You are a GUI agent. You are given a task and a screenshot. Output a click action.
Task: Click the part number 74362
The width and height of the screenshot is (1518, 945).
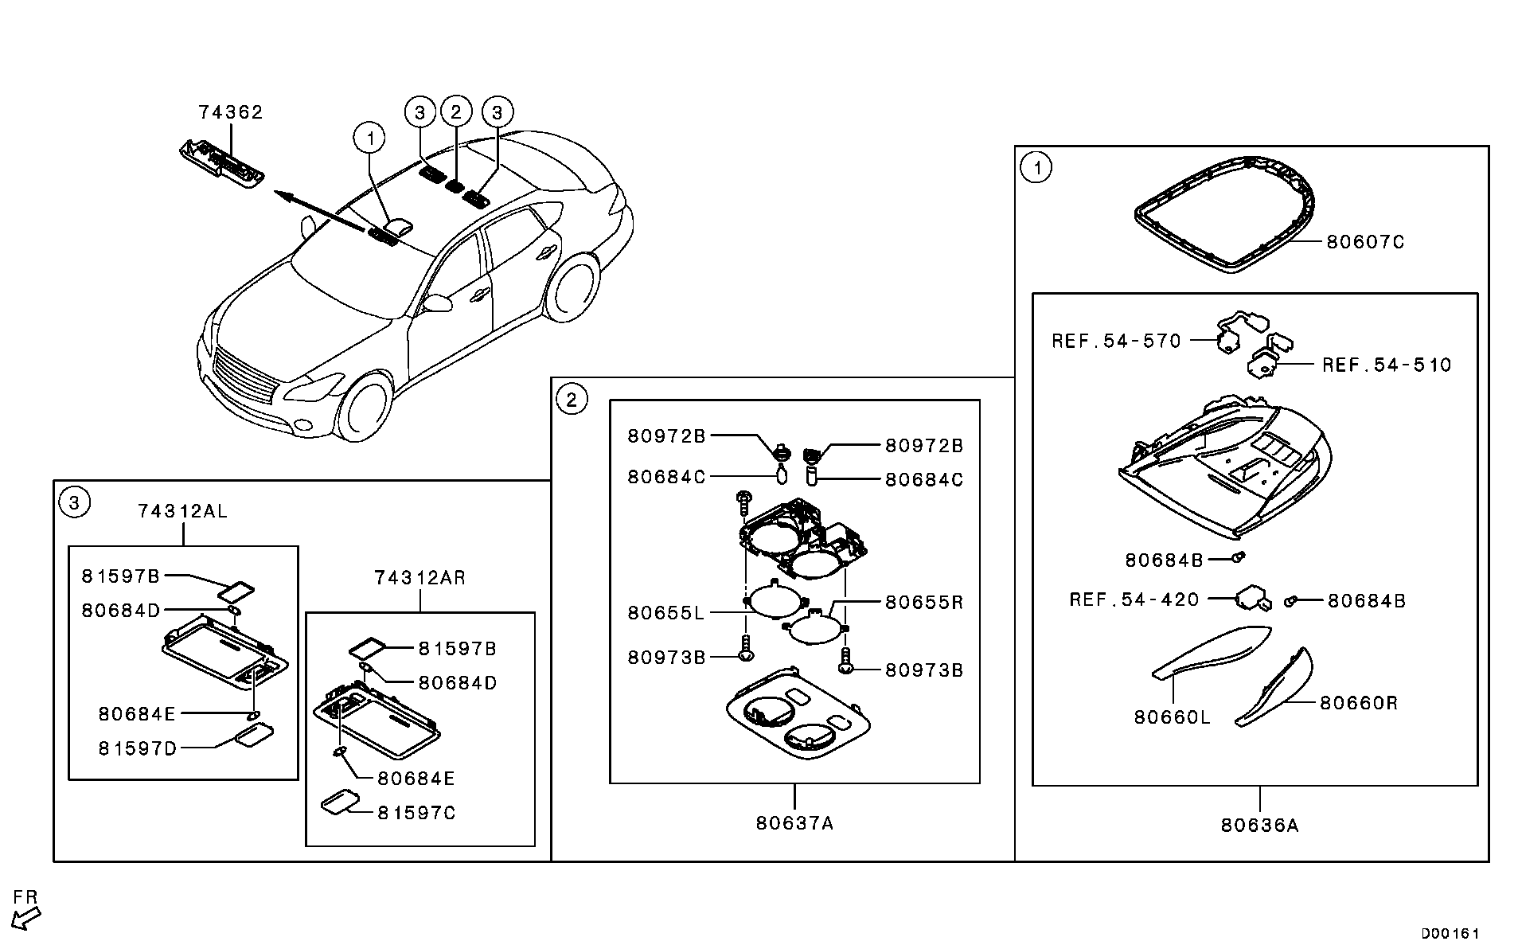point(230,113)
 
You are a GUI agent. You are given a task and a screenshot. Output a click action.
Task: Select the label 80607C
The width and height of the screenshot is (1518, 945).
point(1365,242)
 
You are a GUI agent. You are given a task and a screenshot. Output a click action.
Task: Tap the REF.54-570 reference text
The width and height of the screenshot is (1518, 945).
point(1116,342)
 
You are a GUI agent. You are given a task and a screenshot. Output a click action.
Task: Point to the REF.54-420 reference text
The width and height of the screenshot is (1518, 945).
point(1134,599)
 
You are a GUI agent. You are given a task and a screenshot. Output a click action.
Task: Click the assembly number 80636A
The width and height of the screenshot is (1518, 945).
point(1259,826)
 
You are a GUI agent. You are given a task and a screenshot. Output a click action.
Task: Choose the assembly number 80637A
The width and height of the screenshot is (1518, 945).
point(794,823)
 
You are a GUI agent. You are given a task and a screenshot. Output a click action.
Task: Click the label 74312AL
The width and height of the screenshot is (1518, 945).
point(182,511)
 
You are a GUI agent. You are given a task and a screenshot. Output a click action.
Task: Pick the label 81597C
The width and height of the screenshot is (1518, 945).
point(416,814)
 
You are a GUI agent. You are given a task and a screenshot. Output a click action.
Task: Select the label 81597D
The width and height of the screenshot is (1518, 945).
point(137,748)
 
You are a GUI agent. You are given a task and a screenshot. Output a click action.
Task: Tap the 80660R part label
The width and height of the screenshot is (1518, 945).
point(1358,703)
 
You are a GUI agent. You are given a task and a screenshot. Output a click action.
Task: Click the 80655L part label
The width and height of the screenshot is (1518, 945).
point(665,613)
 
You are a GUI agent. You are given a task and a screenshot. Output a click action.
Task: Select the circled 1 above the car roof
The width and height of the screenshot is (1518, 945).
point(369,139)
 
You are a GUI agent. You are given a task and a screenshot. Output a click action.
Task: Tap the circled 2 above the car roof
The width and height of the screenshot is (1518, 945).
point(456,112)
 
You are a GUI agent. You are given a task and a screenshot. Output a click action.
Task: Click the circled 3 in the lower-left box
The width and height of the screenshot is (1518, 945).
point(74,502)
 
